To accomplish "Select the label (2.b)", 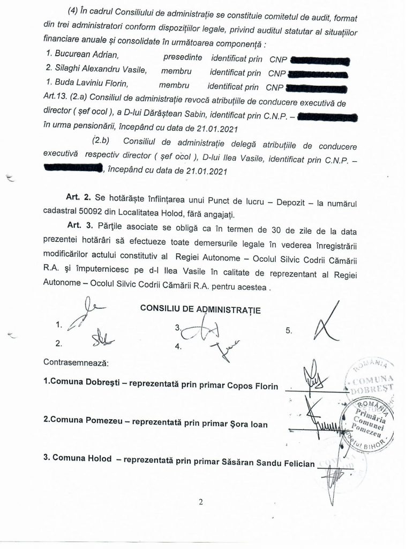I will (100, 142).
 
